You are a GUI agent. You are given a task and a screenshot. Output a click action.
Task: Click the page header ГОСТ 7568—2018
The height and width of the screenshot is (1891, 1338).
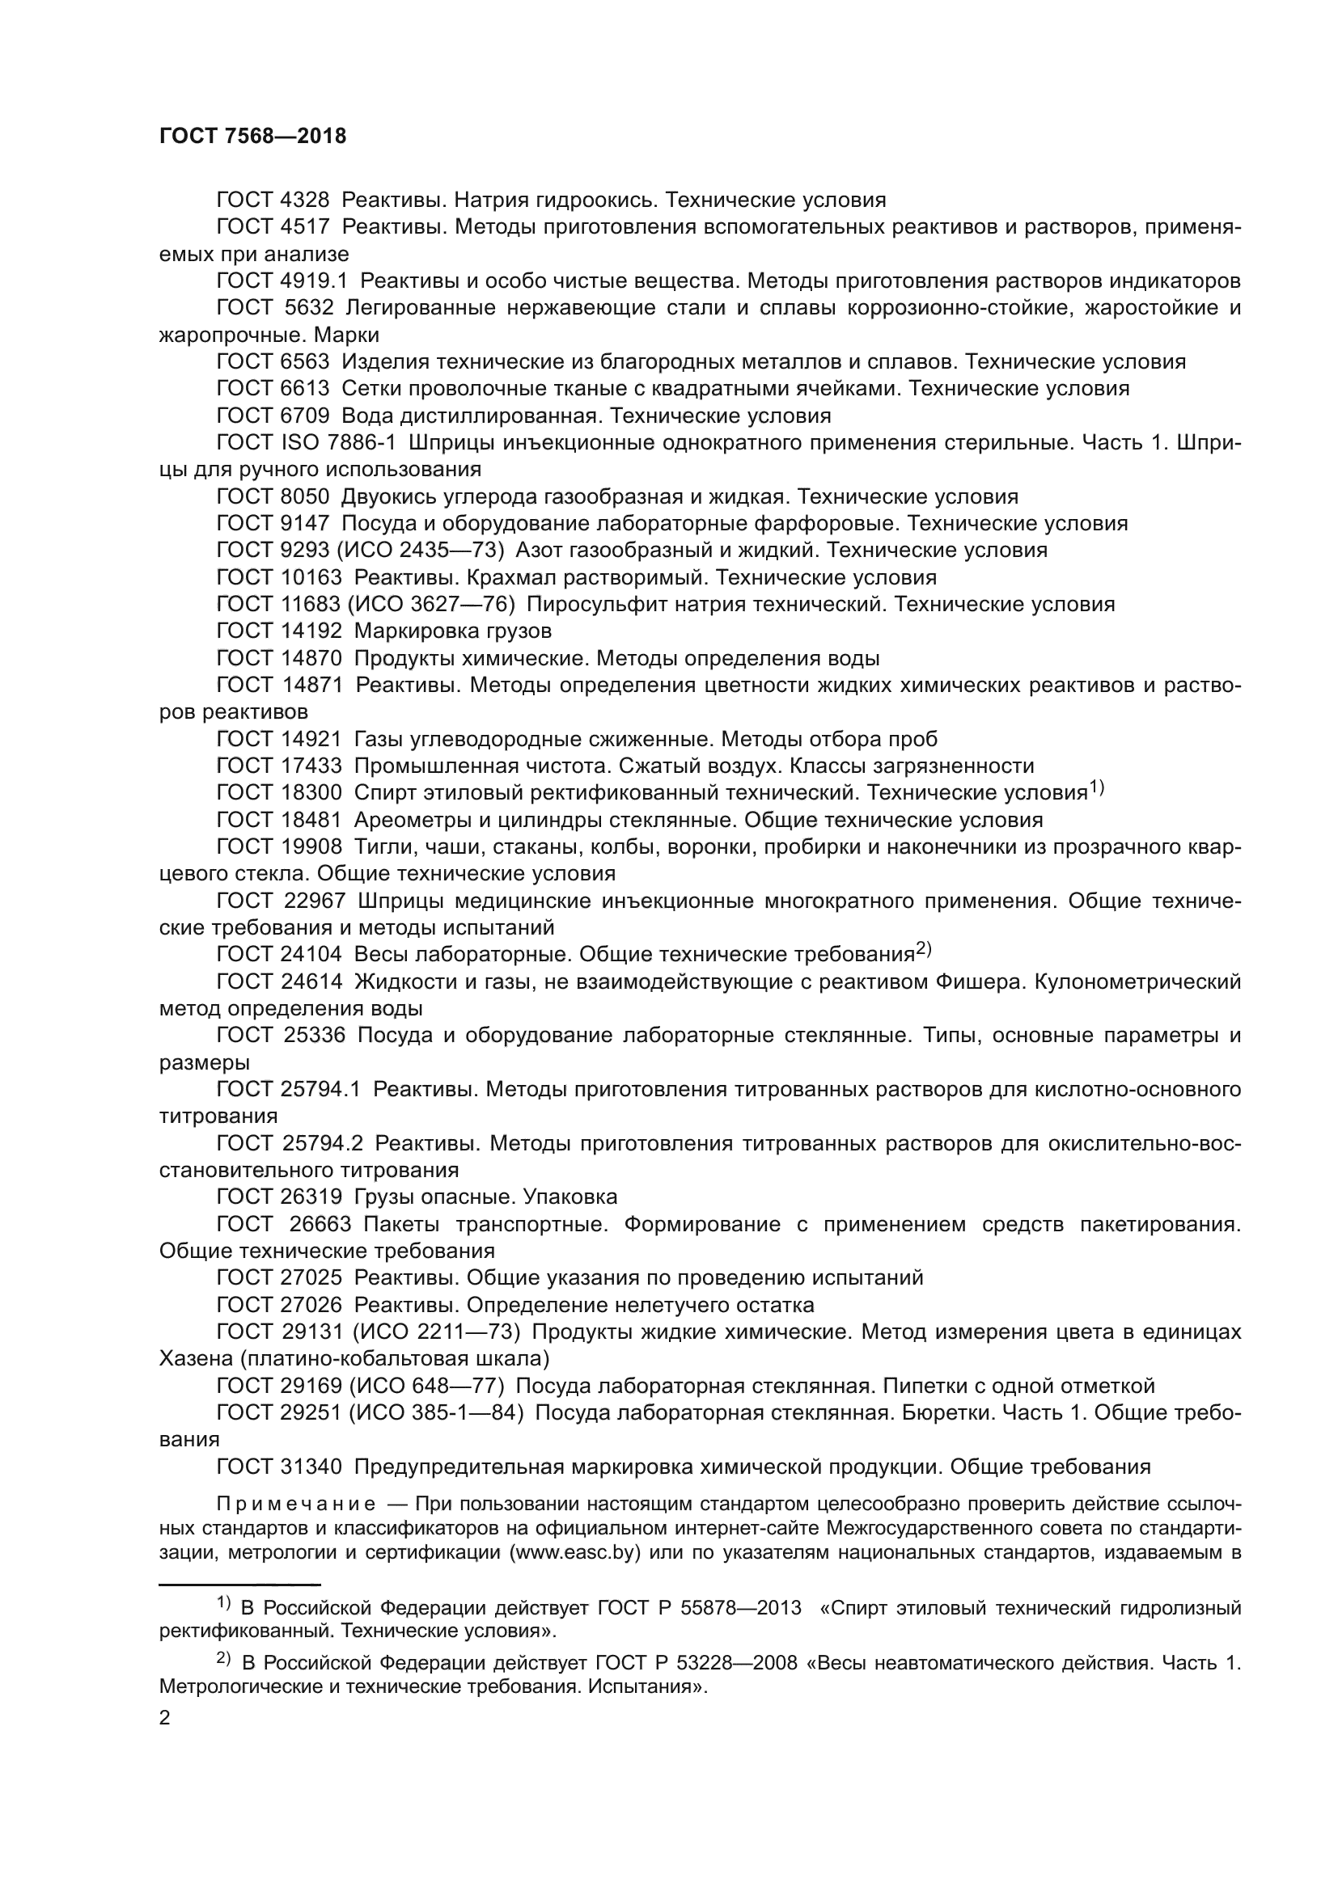(253, 137)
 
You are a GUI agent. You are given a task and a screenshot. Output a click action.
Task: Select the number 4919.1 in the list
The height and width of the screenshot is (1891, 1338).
(314, 281)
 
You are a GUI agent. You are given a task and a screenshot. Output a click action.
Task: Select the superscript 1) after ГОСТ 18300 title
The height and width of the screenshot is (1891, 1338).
(1097, 788)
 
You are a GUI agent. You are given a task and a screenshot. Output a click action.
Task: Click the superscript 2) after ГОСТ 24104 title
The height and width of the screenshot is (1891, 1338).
(924, 950)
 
